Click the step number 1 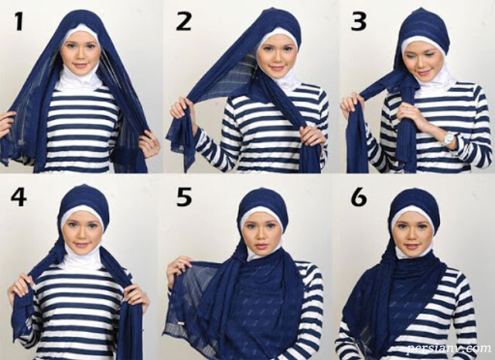[x=19, y=22]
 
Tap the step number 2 [x=184, y=22]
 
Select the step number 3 [x=359, y=22]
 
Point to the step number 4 [x=19, y=197]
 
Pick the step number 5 [x=184, y=197]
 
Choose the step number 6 [x=359, y=197]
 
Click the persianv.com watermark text [x=449, y=348]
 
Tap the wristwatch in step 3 [x=449, y=138]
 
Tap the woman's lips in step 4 [x=81, y=245]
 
